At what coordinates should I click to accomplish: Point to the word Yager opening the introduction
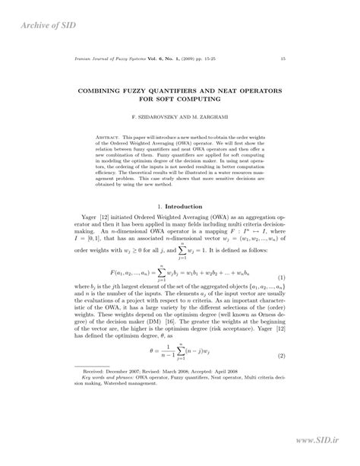coord(90,217)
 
